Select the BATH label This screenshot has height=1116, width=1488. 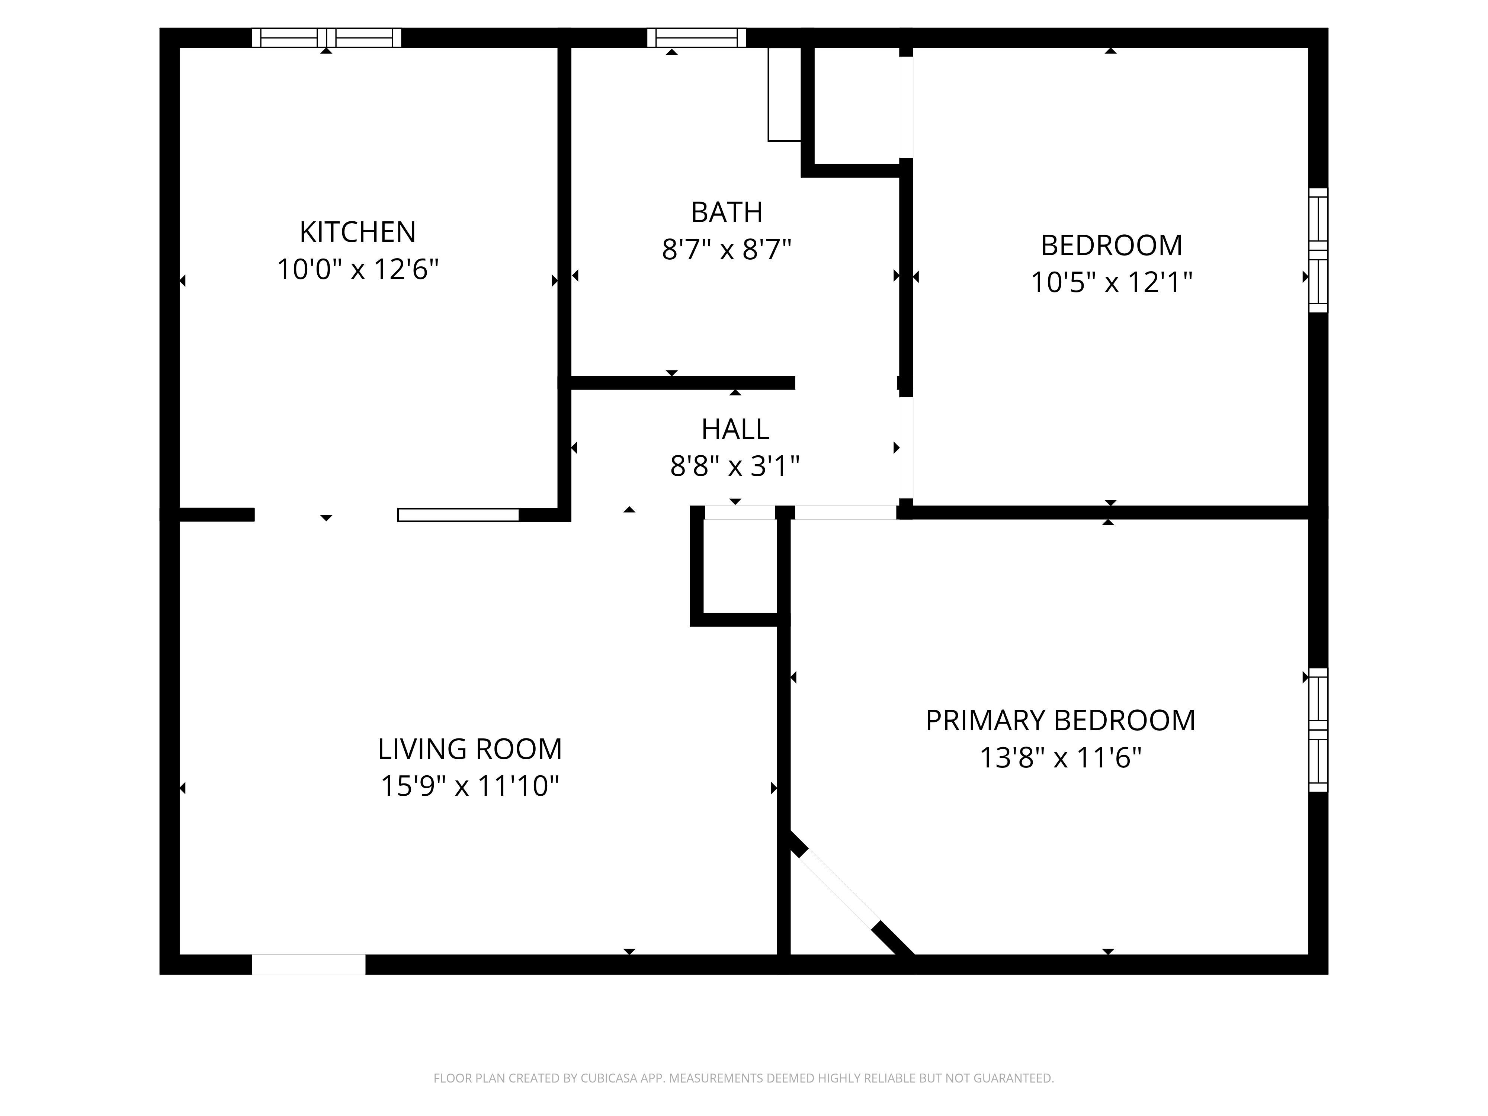(727, 212)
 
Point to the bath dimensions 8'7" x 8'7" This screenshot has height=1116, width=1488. (727, 250)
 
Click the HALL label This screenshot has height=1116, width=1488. (735, 429)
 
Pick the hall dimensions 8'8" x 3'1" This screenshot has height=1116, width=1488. (735, 465)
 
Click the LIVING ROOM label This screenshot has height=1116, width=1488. (469, 749)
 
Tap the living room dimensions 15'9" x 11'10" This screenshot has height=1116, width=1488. (469, 786)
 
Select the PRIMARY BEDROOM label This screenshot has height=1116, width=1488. (1060, 721)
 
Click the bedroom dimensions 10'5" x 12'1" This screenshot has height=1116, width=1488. (1111, 282)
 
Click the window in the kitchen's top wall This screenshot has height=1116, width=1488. (326, 38)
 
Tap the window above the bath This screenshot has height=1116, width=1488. (696, 38)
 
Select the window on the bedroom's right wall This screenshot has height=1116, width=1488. (1318, 250)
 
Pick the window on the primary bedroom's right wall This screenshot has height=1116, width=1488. (1318, 730)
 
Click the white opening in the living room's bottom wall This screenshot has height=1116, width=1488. (309, 964)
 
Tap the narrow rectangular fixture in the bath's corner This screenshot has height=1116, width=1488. (784, 94)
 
